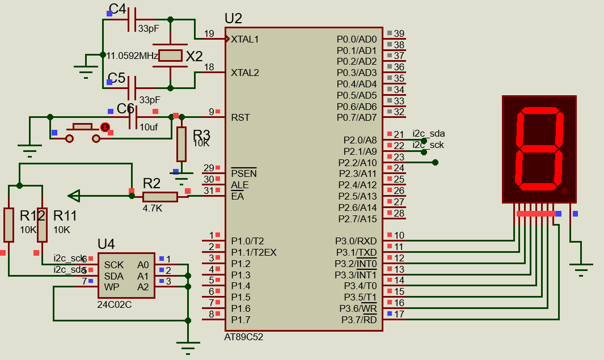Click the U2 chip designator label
pyautogui.click(x=233, y=18)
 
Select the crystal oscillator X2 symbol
pyautogui.click(x=170, y=56)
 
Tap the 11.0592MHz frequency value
pyautogui.click(x=132, y=56)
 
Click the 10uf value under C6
pyautogui.click(x=149, y=127)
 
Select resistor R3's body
pyautogui.click(x=181, y=144)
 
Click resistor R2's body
pyautogui.click(x=159, y=196)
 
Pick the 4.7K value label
pyautogui.click(x=152, y=208)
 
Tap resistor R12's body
pyautogui.click(x=9, y=225)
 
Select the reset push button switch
pyautogui.click(x=83, y=130)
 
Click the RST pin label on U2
pyautogui.click(x=240, y=117)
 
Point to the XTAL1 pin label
pyautogui.click(x=244, y=39)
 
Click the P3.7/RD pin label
pyautogui.click(x=358, y=320)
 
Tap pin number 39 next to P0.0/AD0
pyautogui.click(x=399, y=33)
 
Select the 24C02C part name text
pyautogui.click(x=115, y=304)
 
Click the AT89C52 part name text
pyautogui.click(x=244, y=337)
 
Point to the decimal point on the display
pyautogui.click(x=564, y=191)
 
